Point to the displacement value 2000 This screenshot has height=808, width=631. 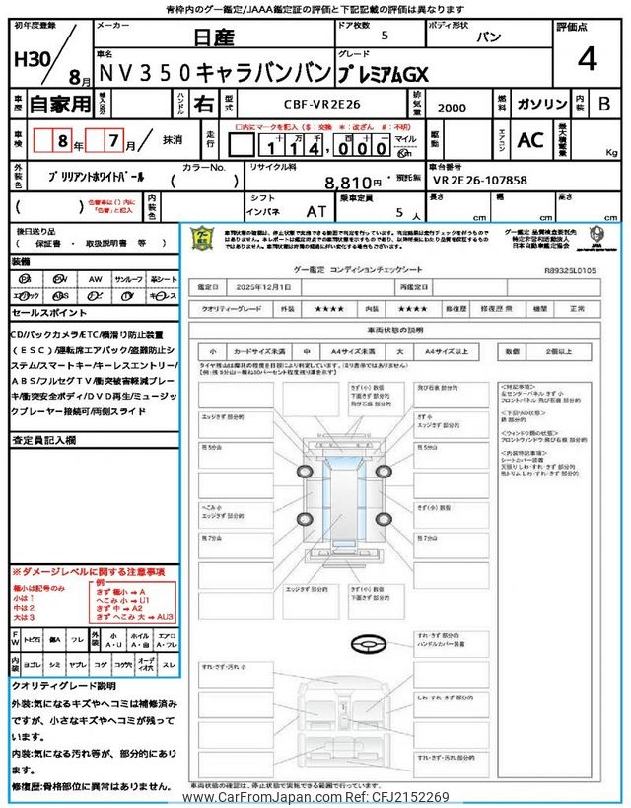point(454,107)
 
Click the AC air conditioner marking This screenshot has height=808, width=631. point(529,141)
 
